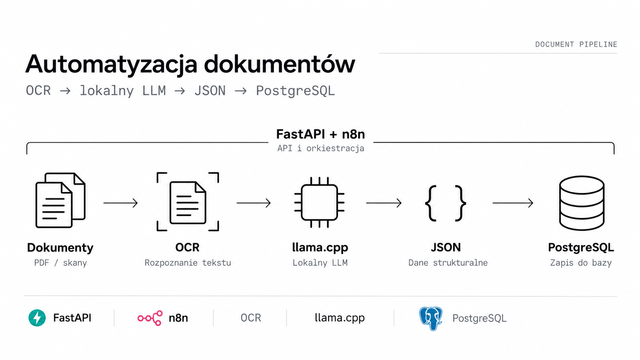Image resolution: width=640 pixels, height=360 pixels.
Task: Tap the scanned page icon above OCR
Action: (x=188, y=202)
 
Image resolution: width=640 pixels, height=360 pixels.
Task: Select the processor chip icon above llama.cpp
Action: (x=320, y=202)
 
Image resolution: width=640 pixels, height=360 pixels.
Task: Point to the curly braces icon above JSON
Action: (x=446, y=203)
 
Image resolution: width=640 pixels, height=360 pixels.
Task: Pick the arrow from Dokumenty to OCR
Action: (x=121, y=203)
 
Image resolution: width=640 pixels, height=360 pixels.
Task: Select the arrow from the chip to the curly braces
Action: (x=384, y=203)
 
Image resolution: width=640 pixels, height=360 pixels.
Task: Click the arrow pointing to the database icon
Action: (x=513, y=203)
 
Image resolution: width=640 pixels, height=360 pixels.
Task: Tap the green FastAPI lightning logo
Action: (x=37, y=318)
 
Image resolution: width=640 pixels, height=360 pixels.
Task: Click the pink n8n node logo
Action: (x=150, y=318)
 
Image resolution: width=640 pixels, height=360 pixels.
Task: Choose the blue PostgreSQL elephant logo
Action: (x=431, y=318)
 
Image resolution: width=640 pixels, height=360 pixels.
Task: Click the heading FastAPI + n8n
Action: (x=320, y=134)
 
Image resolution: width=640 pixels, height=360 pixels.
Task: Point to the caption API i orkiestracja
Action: (x=320, y=148)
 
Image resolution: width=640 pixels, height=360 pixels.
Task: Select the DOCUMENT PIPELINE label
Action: (x=576, y=44)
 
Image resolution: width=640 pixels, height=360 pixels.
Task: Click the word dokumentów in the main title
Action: (x=279, y=64)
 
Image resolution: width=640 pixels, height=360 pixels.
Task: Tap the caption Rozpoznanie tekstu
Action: (x=188, y=263)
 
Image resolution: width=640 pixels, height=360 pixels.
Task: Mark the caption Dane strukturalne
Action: (x=448, y=263)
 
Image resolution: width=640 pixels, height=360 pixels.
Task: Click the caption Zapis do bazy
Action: (x=581, y=263)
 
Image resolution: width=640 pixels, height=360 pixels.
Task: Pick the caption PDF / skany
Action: (x=60, y=263)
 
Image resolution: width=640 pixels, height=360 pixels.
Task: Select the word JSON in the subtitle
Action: (x=210, y=91)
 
